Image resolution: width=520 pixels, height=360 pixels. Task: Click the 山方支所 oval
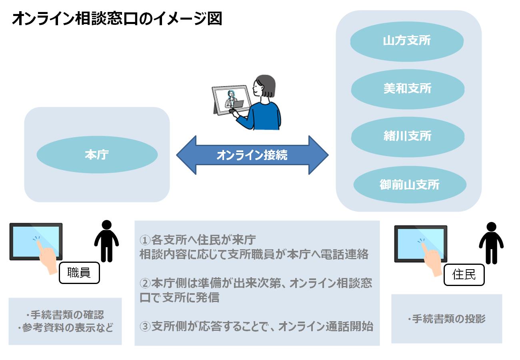407,41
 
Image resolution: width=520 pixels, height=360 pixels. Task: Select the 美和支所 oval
408,88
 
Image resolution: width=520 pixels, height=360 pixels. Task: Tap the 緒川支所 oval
408,136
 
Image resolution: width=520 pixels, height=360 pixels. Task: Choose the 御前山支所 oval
410,184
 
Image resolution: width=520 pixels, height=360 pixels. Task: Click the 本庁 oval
97,155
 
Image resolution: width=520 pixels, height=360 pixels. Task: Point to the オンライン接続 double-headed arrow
252,155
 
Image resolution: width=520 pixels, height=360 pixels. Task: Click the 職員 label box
79,273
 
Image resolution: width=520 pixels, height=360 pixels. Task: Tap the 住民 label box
464,275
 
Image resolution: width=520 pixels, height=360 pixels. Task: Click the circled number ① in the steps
144,240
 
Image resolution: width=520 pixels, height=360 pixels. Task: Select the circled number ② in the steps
144,284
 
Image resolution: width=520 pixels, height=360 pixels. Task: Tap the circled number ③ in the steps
144,326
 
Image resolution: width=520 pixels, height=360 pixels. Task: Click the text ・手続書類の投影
446,319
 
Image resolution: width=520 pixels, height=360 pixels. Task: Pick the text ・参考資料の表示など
65,328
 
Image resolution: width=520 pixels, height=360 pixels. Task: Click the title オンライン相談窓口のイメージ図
117,19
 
